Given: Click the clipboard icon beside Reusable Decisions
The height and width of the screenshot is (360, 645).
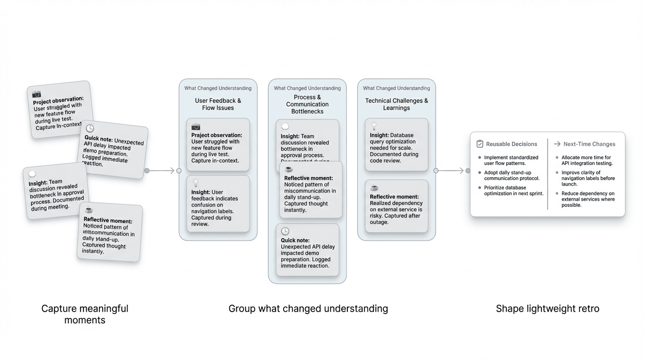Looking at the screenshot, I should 480,144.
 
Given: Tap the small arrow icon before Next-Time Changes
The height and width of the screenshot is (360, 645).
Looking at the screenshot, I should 557,144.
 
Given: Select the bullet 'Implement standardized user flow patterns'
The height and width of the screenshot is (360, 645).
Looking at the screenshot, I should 511,160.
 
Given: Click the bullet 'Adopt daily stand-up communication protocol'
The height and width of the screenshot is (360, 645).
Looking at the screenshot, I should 511,175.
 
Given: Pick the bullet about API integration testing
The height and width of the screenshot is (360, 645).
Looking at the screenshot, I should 586,160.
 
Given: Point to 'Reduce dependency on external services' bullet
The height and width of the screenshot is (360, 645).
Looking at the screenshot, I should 588,199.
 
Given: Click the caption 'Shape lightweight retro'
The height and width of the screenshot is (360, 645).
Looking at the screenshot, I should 547,308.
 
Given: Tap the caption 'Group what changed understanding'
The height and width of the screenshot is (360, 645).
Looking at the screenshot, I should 308,308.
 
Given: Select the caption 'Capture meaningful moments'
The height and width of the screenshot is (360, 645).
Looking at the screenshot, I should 85,314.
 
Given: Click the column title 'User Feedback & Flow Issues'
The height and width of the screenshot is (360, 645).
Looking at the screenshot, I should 218,104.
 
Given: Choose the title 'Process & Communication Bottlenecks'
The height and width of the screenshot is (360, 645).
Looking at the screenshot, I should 307,104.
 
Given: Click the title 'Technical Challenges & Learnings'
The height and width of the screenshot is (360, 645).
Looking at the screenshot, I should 396,104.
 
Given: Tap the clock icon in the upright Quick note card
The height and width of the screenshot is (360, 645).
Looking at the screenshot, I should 285,232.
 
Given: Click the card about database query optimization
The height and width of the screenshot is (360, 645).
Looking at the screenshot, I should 397,144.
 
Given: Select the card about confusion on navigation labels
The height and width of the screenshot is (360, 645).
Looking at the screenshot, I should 218,204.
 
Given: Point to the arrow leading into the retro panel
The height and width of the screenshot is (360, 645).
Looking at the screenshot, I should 452,171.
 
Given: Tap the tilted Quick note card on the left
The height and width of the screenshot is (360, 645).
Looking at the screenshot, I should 113,149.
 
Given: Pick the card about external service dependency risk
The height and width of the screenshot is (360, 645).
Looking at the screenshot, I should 397,206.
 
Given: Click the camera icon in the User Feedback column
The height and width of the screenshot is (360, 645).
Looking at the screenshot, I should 196,127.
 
